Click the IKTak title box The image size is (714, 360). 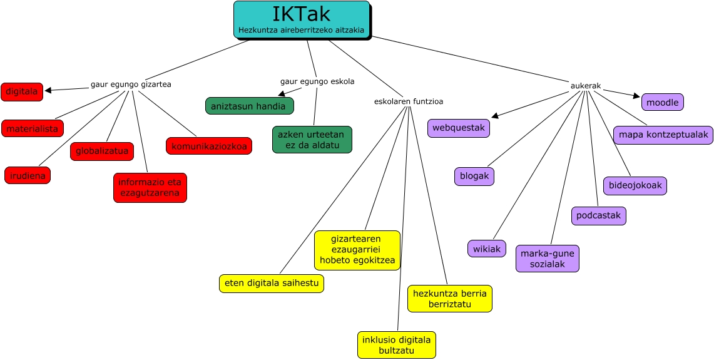click(x=302, y=19)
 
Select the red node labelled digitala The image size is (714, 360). click(x=22, y=92)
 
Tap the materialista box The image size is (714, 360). click(x=33, y=128)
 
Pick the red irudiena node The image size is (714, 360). click(x=28, y=175)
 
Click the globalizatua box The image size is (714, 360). click(x=102, y=151)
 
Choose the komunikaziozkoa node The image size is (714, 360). click(x=209, y=146)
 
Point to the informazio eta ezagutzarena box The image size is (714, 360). click(x=150, y=188)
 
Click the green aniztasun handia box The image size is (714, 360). click(x=250, y=106)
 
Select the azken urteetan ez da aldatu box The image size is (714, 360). click(x=312, y=140)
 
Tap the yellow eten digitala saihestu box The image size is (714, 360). click(x=272, y=283)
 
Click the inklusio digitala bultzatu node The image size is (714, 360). click(x=397, y=345)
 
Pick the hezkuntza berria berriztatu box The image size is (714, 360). click(x=450, y=299)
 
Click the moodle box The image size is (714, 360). click(x=663, y=102)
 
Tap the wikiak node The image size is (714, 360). click(x=487, y=249)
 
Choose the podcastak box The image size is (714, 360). click(x=599, y=215)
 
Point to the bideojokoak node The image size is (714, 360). click(x=635, y=186)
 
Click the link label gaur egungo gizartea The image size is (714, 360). click(x=131, y=84)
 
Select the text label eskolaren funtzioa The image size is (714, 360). click(x=409, y=101)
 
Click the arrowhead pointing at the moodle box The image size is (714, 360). click(x=637, y=96)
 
